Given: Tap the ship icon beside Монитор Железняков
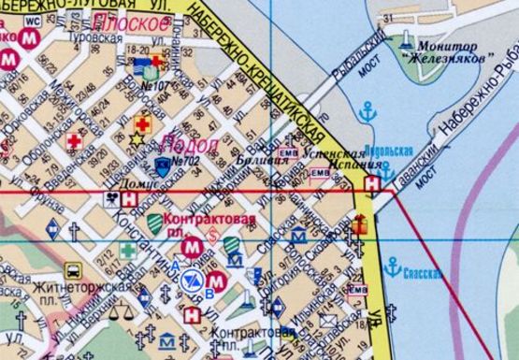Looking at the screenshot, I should coord(405,41).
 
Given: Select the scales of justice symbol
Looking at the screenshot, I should coord(117,315).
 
